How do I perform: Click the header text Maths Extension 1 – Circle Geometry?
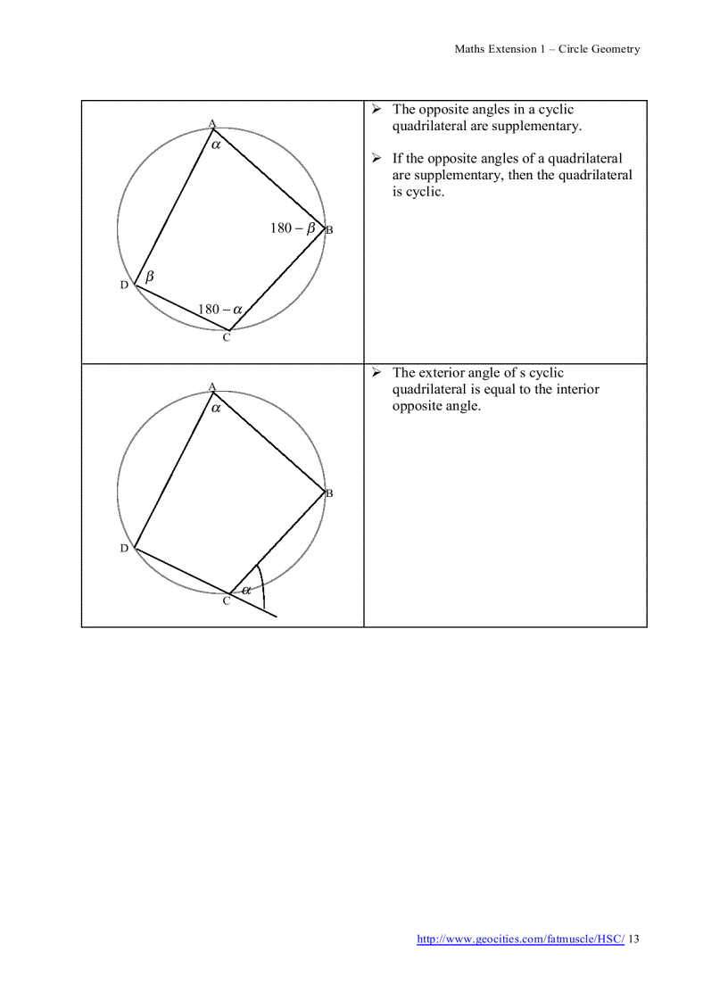click(x=547, y=49)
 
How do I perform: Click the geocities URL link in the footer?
click(x=521, y=939)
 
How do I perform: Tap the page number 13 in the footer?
click(x=633, y=939)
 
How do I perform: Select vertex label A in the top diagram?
click(x=212, y=123)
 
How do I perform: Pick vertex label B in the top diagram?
click(x=329, y=230)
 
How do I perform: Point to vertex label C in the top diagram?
click(x=227, y=337)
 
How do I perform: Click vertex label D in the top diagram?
click(x=124, y=285)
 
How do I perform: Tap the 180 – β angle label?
click(x=293, y=228)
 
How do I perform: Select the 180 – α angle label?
click(x=220, y=310)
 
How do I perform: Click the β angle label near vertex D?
click(x=150, y=277)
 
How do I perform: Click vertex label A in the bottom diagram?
click(x=212, y=386)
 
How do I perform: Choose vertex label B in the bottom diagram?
click(x=329, y=493)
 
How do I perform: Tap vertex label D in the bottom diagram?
click(x=124, y=548)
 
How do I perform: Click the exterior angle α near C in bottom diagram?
click(x=246, y=589)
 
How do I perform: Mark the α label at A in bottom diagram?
click(x=216, y=406)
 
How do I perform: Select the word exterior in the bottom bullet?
click(x=448, y=373)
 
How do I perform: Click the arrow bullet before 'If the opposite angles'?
click(x=376, y=158)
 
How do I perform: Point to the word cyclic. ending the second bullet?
click(x=425, y=192)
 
